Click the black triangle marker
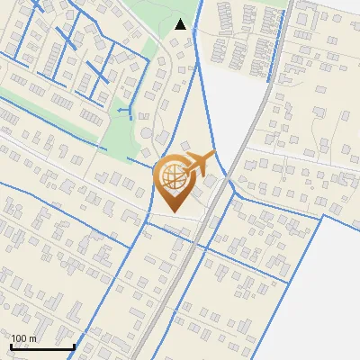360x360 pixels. pos(181,24)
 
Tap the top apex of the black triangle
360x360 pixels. pos(181,18)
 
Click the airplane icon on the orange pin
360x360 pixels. pos(200,163)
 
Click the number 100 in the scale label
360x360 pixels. pos(20,338)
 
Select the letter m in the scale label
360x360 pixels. pos(32,338)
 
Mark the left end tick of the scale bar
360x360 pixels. pos(10,345)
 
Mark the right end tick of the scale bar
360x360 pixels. pos(75,345)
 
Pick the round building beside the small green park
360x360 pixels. pos(147,134)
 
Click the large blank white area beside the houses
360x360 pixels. pos(337,288)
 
